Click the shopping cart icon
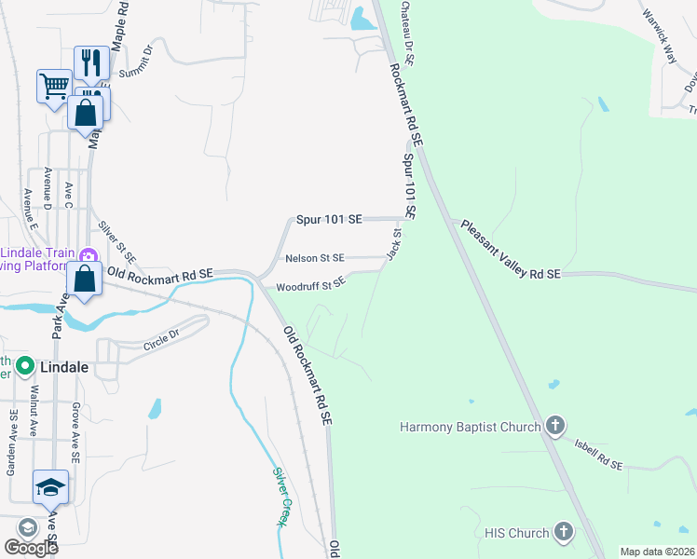click(54, 86)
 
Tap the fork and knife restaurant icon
click(91, 62)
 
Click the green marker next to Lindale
click(24, 366)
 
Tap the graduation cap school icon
click(50, 485)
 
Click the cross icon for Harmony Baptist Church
click(554, 427)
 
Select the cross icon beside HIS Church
click(562, 533)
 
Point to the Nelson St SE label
click(315, 258)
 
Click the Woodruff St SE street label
click(311, 283)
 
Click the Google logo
click(31, 548)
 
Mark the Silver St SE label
click(117, 240)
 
